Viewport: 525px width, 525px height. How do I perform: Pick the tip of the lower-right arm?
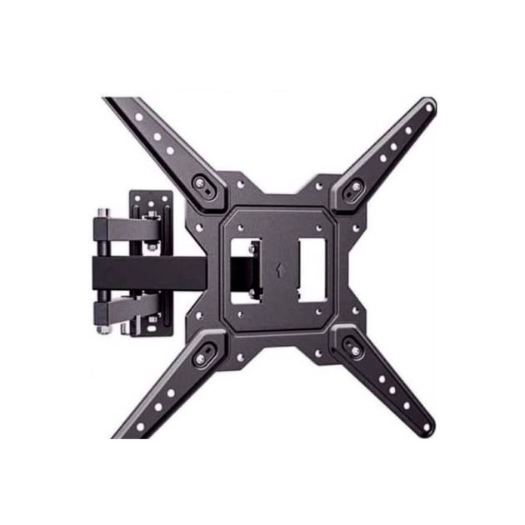pos(426,426)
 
